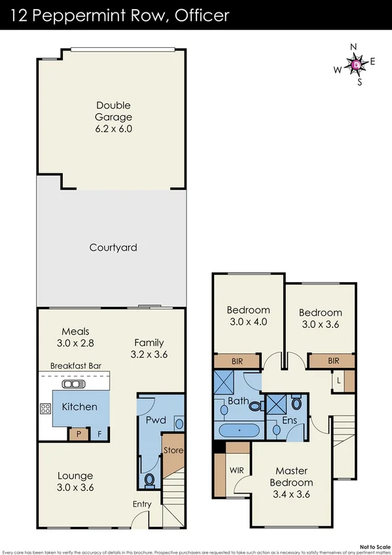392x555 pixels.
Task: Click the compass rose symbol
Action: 355,64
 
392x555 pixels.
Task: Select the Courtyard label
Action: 113,247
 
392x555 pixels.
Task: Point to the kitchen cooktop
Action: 46,409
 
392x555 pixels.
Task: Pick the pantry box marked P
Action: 79,433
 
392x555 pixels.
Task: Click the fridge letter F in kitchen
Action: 99,433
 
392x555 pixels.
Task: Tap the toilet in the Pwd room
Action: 149,481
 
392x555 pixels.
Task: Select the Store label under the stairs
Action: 173,450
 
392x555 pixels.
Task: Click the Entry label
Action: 142,504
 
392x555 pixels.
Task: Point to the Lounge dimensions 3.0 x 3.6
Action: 75,488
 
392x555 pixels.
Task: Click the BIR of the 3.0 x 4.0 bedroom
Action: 238,361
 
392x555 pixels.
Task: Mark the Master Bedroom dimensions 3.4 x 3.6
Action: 291,494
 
